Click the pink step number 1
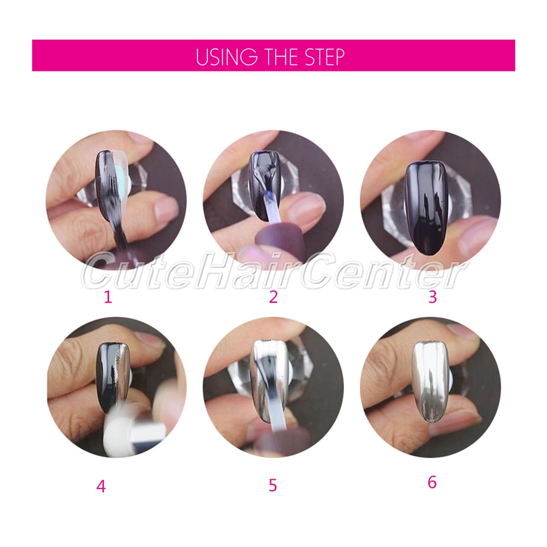pyautogui.click(x=108, y=298)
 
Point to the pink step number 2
pyautogui.click(x=273, y=297)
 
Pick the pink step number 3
pyautogui.click(x=432, y=297)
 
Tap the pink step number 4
pyautogui.click(x=101, y=486)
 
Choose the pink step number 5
pyautogui.click(x=273, y=485)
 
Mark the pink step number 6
pyautogui.click(x=432, y=482)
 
